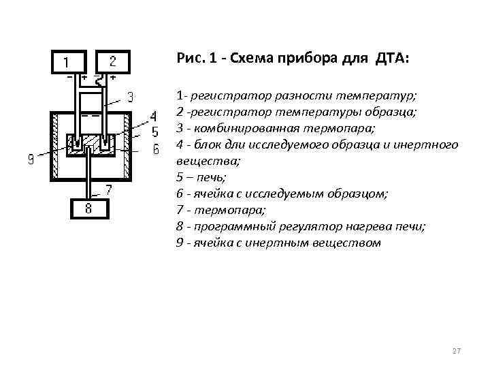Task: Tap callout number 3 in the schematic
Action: [130, 96]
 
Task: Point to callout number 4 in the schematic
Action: [153, 115]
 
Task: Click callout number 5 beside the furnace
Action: [154, 131]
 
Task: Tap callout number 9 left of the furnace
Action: [31, 160]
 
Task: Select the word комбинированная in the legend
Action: [231, 128]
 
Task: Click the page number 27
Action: [457, 350]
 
